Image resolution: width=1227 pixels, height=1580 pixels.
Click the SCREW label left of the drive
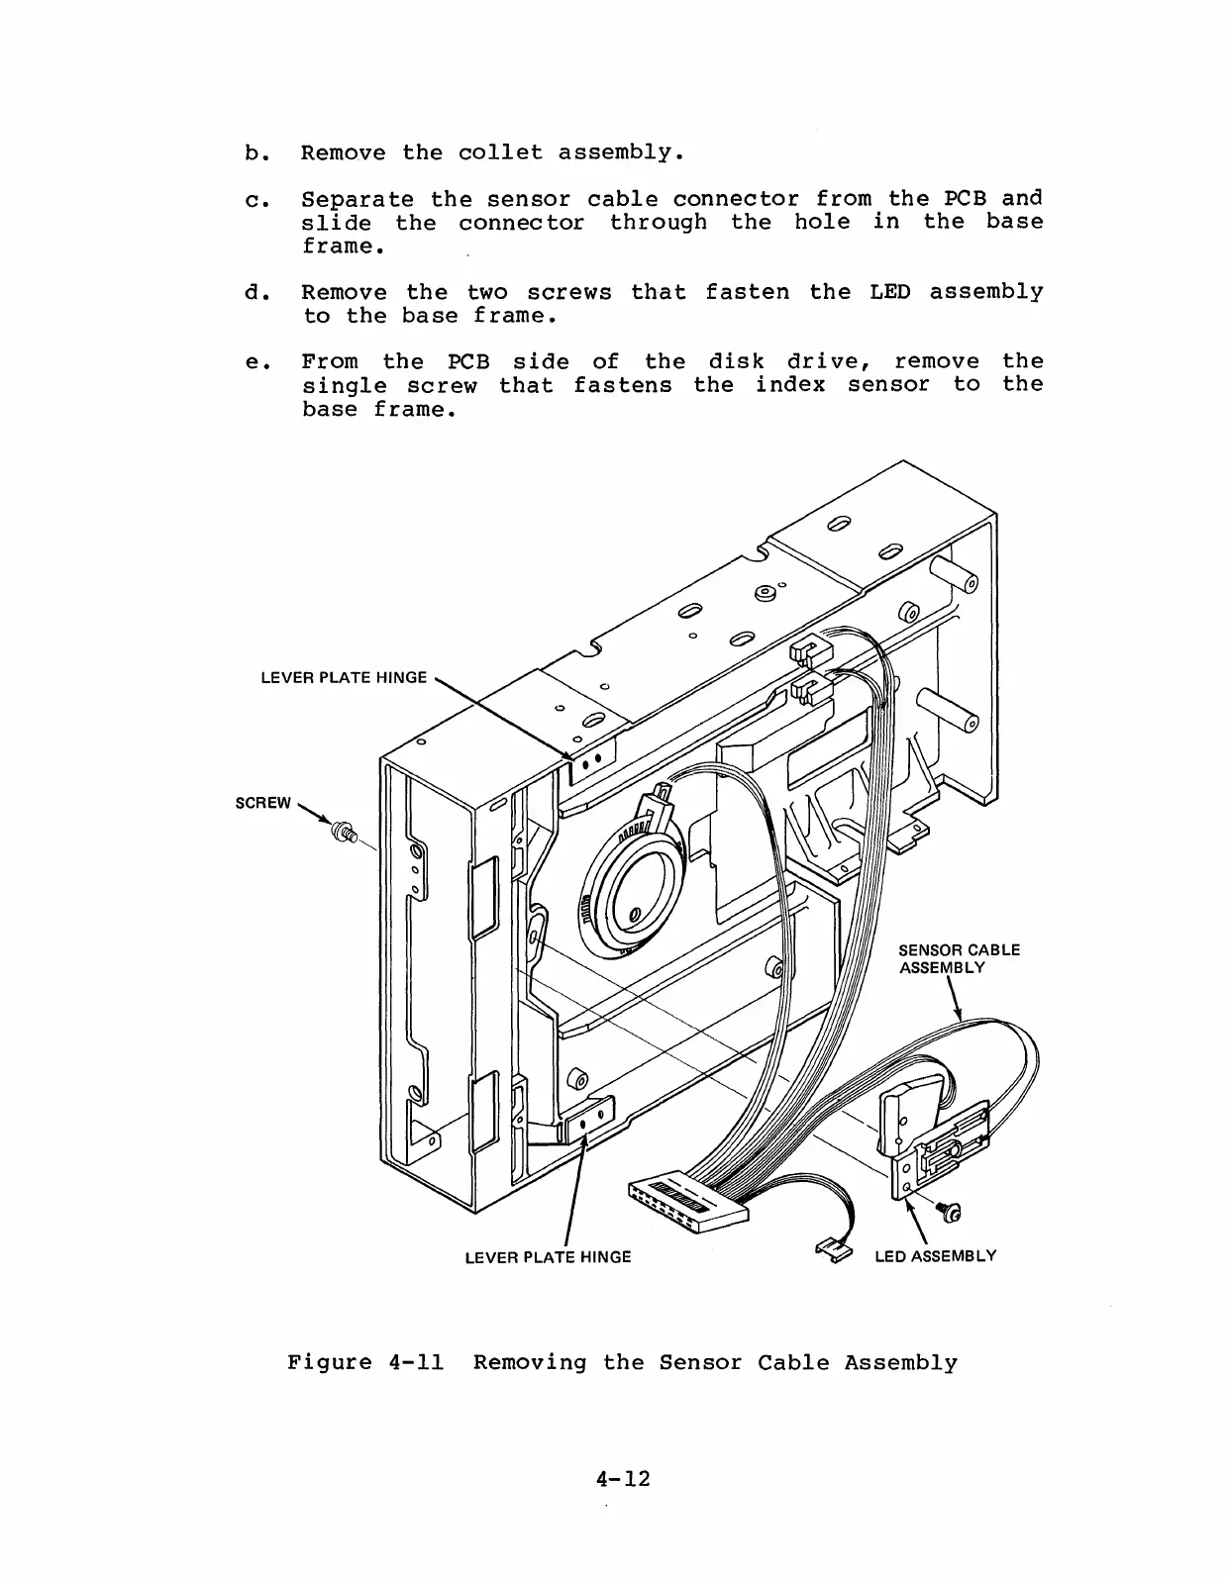point(262,802)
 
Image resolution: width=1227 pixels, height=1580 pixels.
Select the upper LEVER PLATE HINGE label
point(343,678)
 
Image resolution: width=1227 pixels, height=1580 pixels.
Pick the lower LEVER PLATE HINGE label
point(548,1257)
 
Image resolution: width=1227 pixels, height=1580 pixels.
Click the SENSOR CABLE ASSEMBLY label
point(958,958)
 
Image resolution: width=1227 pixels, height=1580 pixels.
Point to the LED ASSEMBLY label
point(935,1256)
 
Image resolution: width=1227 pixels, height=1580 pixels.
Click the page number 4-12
point(623,1479)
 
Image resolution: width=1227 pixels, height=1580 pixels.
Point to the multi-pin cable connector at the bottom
point(686,1203)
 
